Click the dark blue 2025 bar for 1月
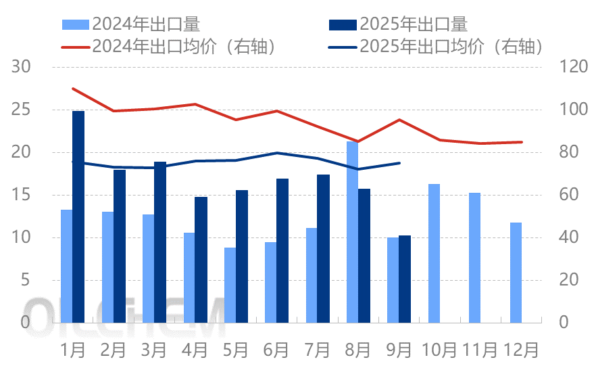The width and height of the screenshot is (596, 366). pyautogui.click(x=78, y=216)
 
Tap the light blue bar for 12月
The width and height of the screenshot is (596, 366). pyautogui.click(x=516, y=272)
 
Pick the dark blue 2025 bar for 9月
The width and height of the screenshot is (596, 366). pyautogui.click(x=405, y=279)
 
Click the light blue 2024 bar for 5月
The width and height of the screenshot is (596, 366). pyautogui.click(x=230, y=285)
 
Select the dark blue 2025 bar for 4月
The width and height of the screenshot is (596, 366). pyautogui.click(x=201, y=259)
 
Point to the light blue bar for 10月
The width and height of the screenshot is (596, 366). pyautogui.click(x=434, y=253)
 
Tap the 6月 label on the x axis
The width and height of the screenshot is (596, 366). pyautogui.click(x=276, y=350)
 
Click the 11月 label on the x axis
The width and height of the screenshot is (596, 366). pyautogui.click(x=480, y=350)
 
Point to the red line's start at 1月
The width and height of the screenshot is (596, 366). pyautogui.click(x=72, y=89)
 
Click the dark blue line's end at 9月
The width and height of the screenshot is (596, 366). pyautogui.click(x=399, y=163)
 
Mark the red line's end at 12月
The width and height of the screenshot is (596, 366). pyautogui.click(x=522, y=142)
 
